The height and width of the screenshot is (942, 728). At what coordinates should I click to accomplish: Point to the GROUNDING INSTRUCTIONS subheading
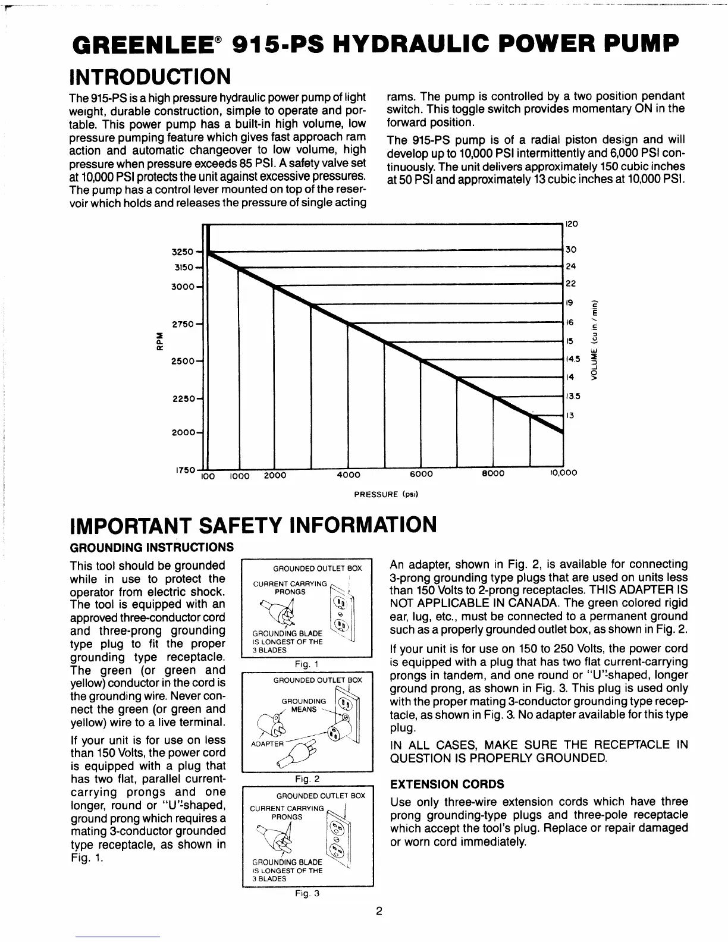tap(151, 546)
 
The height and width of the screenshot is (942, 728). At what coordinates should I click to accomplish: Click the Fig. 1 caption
tap(307, 664)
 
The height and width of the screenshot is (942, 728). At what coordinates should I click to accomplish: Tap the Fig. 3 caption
tap(307, 893)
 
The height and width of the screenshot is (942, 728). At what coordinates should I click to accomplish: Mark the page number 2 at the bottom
tap(378, 911)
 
